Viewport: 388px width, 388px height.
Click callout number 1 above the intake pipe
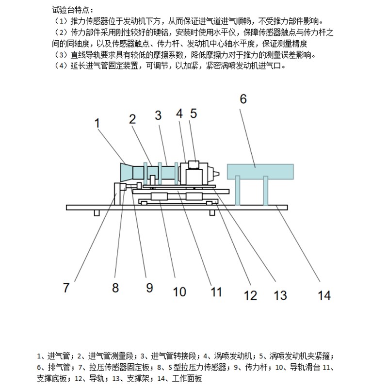pyautogui.click(x=97, y=123)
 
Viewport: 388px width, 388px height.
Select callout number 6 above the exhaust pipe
pyautogui.click(x=243, y=99)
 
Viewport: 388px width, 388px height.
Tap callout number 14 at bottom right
pyautogui.click(x=324, y=294)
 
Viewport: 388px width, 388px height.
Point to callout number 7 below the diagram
pyautogui.click(x=66, y=287)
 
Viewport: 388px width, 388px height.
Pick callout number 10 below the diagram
pyautogui.click(x=179, y=291)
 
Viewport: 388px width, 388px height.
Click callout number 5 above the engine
pyautogui.click(x=193, y=113)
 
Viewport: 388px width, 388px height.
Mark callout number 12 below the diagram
pyautogui.click(x=250, y=294)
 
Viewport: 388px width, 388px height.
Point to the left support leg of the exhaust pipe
pyautogui.click(x=237, y=190)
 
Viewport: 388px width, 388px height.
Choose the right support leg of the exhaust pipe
pyautogui.click(x=266, y=190)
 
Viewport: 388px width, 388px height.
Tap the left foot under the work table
pyautogui.click(x=97, y=213)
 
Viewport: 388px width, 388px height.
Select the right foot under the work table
pyautogui.click(x=211, y=213)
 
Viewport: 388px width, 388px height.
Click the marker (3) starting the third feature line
pyautogui.click(x=62, y=55)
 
